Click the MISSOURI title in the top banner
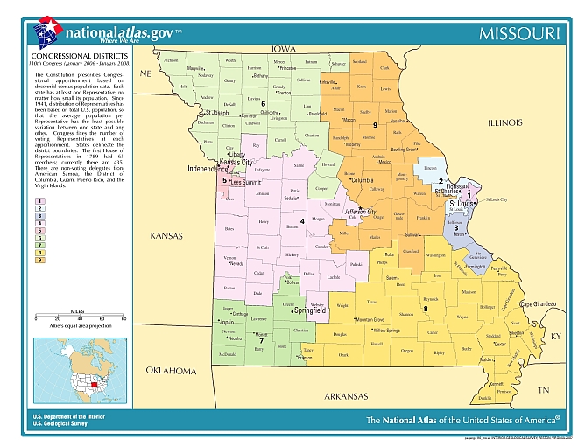pyautogui.click(x=518, y=33)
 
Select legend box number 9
pyautogui.click(x=39, y=261)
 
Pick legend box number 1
pyautogui.click(x=39, y=200)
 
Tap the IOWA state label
pyautogui.click(x=283, y=49)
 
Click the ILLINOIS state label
pyautogui.click(x=504, y=123)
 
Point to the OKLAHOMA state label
pyautogui.click(x=171, y=371)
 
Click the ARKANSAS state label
pyautogui.click(x=343, y=396)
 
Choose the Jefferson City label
pyautogui.click(x=360, y=212)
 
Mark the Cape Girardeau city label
pyautogui.click(x=539, y=303)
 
